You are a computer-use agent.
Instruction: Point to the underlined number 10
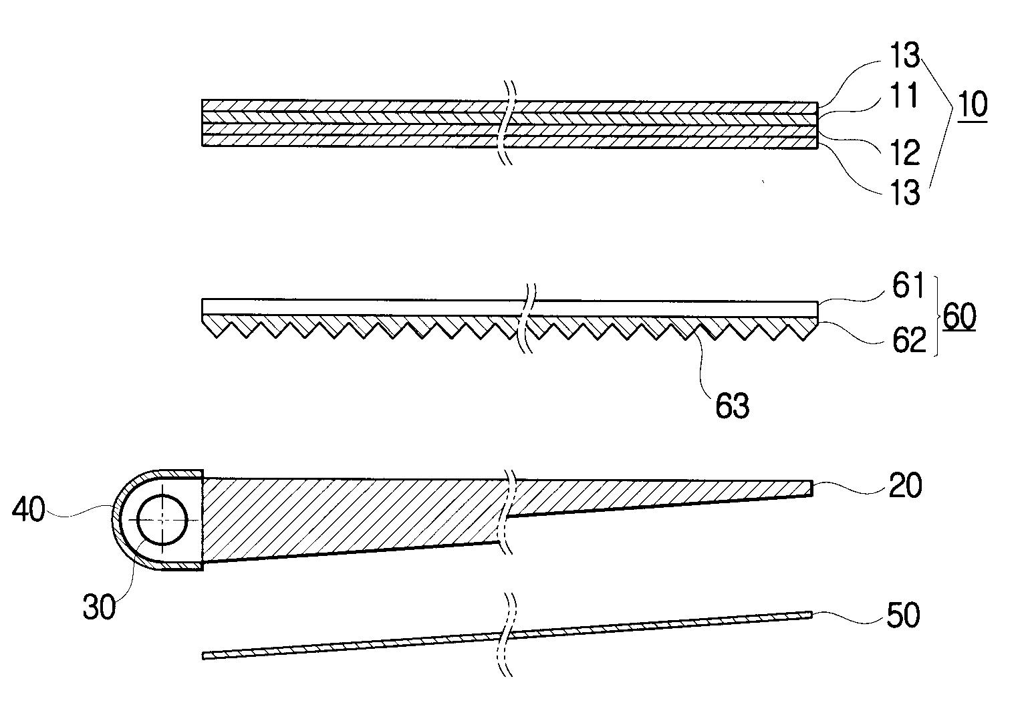[973, 105]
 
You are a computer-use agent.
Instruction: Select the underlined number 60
[959, 316]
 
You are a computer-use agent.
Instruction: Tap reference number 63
[733, 406]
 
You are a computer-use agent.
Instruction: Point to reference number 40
[28, 511]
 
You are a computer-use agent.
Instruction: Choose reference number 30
[99, 607]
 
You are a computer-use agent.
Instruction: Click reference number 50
[902, 615]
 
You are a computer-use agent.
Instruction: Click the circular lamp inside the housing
[162, 520]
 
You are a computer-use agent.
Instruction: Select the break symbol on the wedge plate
[508, 512]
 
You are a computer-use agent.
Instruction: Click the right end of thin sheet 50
[811, 613]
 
